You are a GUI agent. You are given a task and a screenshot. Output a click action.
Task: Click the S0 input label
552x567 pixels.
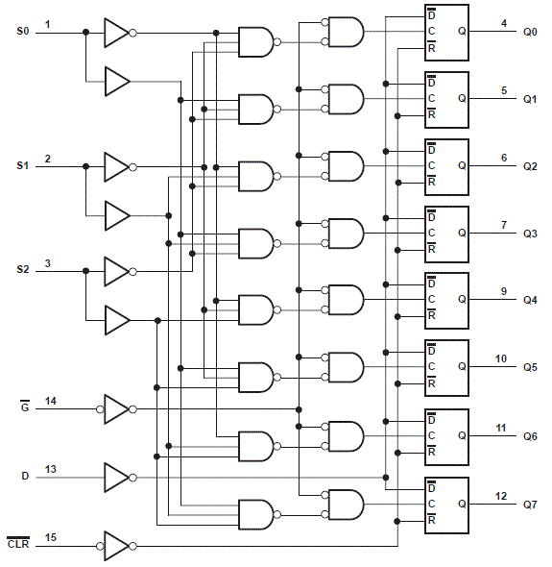click(x=23, y=32)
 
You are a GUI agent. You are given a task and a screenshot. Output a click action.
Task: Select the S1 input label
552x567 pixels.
click(x=23, y=166)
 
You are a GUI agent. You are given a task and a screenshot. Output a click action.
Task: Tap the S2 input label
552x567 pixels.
click(x=23, y=271)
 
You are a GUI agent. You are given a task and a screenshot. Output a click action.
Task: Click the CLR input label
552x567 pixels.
click(x=19, y=544)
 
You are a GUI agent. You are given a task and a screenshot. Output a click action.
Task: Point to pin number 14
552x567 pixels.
click(x=50, y=399)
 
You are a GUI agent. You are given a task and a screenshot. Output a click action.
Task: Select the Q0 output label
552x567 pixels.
click(x=530, y=32)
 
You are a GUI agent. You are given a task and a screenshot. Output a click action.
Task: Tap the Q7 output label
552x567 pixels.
click(x=530, y=505)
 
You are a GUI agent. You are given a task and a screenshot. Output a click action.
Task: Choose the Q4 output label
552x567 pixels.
click(x=530, y=299)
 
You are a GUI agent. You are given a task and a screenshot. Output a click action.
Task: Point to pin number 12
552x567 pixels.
click(x=501, y=496)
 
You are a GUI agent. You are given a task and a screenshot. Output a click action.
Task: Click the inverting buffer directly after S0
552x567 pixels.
click(x=116, y=33)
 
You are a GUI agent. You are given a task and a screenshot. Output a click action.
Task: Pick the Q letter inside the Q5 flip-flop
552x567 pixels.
click(x=462, y=367)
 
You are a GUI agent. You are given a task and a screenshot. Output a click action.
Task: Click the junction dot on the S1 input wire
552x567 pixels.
click(x=86, y=166)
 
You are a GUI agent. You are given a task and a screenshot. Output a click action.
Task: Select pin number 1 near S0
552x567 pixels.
click(x=48, y=23)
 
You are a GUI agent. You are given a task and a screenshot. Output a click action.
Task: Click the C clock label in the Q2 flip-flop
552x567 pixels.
click(x=432, y=165)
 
